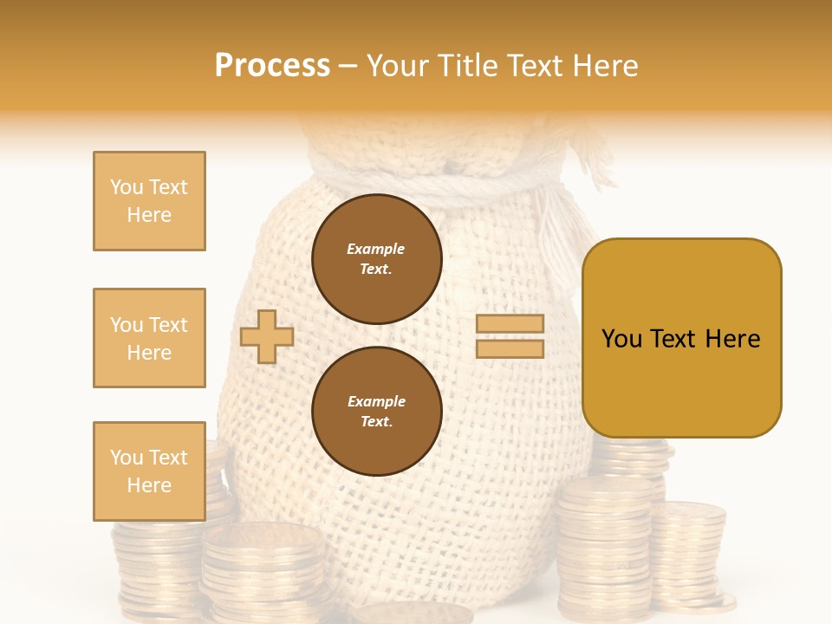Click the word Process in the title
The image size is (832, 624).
point(272,66)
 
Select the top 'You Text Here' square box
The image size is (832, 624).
point(149,201)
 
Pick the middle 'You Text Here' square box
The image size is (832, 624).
point(149,338)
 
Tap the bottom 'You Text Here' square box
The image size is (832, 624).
point(149,471)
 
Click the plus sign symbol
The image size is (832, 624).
point(267,336)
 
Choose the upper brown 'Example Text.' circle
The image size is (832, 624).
point(376,259)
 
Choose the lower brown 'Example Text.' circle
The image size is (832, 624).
point(376,412)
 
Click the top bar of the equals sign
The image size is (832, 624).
point(510,324)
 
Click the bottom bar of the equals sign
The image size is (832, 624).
point(510,349)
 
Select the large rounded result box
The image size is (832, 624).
point(681,338)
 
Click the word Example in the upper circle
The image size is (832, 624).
point(376,250)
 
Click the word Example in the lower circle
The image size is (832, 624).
point(376,402)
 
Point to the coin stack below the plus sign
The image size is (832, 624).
point(260,572)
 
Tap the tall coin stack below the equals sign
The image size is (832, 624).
point(602,546)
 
